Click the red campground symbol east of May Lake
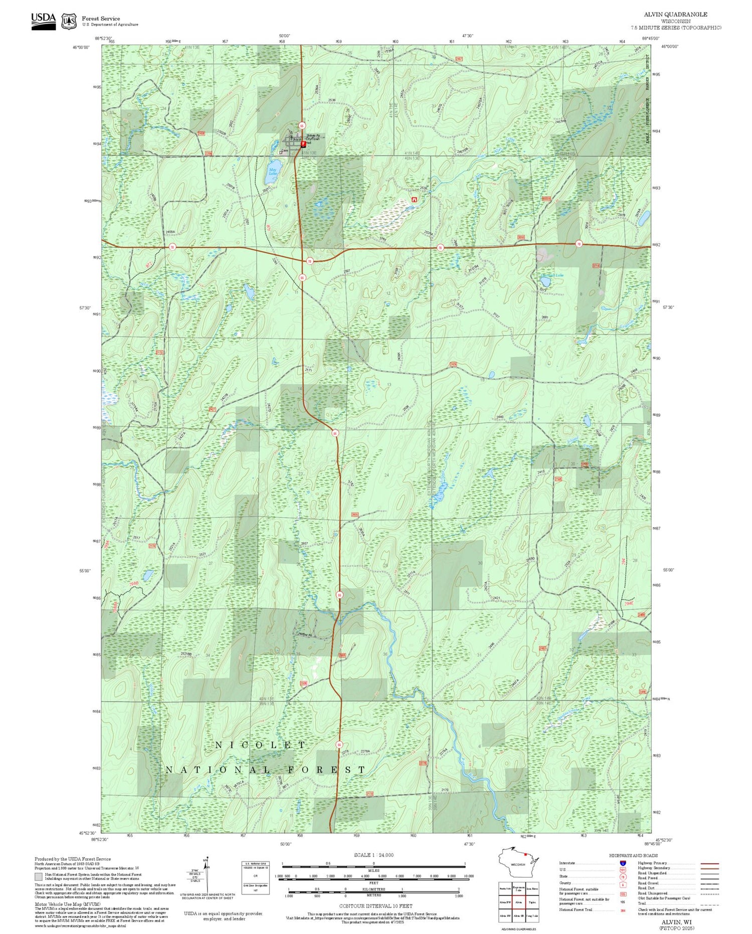coord(414,200)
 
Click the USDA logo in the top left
coord(44,21)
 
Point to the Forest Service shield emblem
coord(69,22)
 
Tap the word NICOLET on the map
coord(260,745)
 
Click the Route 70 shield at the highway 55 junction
coord(310,261)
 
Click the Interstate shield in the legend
coord(623,863)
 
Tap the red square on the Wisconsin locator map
coord(525,854)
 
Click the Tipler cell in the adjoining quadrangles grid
coord(532,901)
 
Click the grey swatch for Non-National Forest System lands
coord(39,877)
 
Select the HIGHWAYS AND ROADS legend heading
coord(633,855)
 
